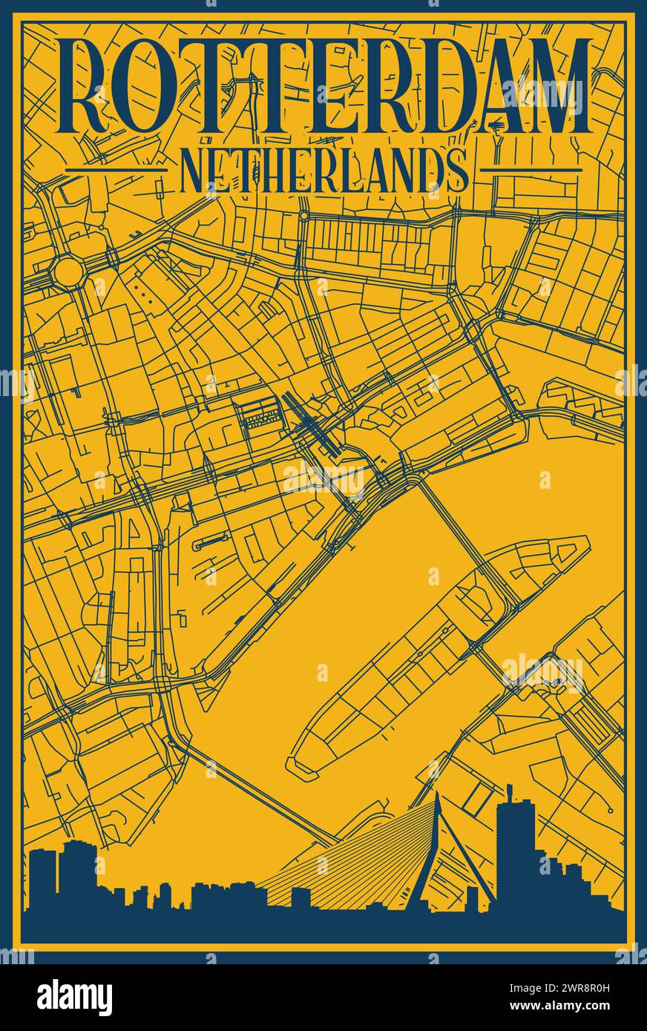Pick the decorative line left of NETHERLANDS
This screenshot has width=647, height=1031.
(x=115, y=170)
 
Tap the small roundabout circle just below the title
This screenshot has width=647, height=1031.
(x=303, y=216)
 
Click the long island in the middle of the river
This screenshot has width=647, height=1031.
(x=438, y=653)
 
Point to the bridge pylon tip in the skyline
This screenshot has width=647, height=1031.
(x=437, y=797)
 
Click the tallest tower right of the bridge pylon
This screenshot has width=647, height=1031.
(x=514, y=846)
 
